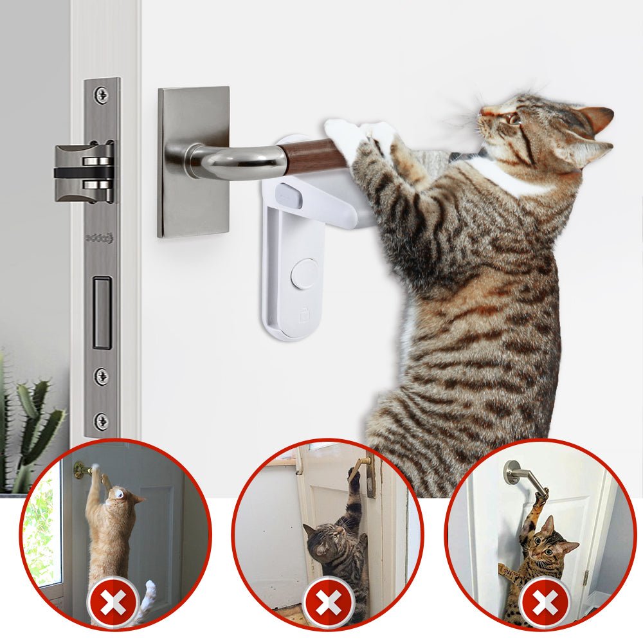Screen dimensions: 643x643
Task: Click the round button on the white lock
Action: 304,274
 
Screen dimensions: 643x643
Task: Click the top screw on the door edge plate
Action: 102,95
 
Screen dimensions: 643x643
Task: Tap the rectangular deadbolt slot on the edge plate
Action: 102,312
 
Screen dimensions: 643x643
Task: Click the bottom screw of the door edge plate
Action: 102,421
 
